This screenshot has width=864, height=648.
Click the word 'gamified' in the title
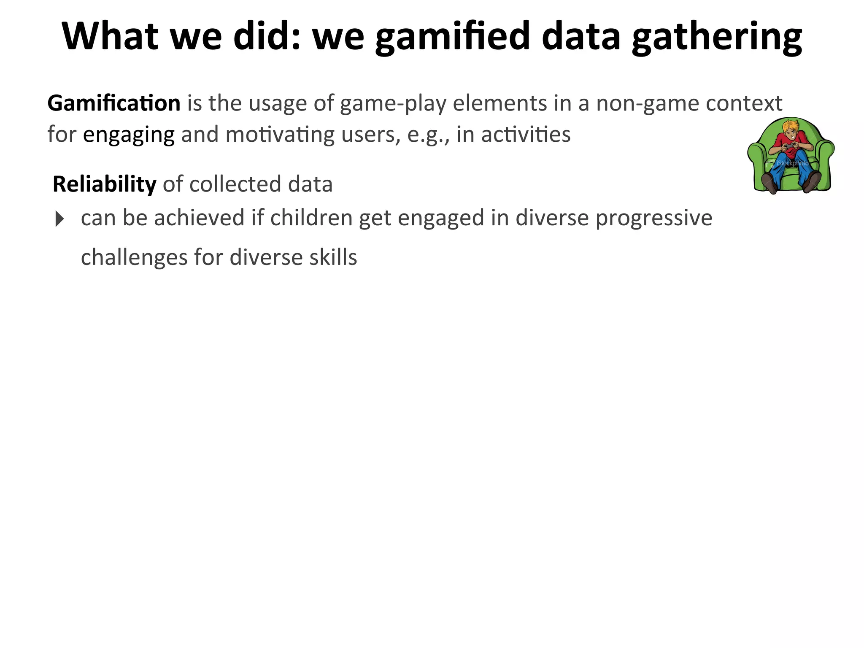452,37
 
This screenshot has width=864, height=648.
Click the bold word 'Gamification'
114,103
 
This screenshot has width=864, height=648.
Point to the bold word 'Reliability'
104,184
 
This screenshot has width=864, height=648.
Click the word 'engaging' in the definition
129,135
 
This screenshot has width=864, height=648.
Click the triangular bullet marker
59,219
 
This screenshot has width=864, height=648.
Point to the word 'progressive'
654,219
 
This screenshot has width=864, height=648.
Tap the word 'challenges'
134,257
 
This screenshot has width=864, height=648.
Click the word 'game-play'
393,104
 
